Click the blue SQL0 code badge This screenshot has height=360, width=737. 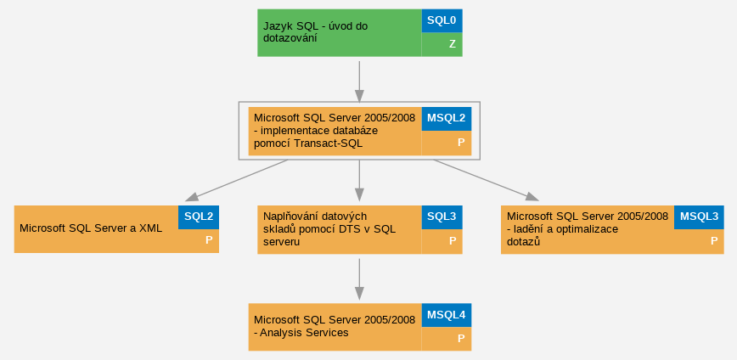coord(442,20)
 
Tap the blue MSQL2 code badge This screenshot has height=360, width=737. coord(446,119)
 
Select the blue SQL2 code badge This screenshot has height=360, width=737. coord(199,217)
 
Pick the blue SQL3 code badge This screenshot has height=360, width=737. coord(442,217)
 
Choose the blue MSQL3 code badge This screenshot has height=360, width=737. coord(699,217)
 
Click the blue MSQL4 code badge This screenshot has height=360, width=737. coord(446,315)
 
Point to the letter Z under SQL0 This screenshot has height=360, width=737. coord(453,44)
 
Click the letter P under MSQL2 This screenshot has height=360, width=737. coord(461,143)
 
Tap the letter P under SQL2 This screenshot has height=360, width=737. coord(209,240)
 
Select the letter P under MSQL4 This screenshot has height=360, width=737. coord(461,339)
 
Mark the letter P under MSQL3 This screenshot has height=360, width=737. coord(714,240)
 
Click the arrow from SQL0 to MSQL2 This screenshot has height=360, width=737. coord(359,82)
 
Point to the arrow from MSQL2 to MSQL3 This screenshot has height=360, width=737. coord(486,181)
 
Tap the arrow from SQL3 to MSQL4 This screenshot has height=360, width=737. coord(359,279)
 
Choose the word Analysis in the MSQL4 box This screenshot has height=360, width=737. coord(281,333)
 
